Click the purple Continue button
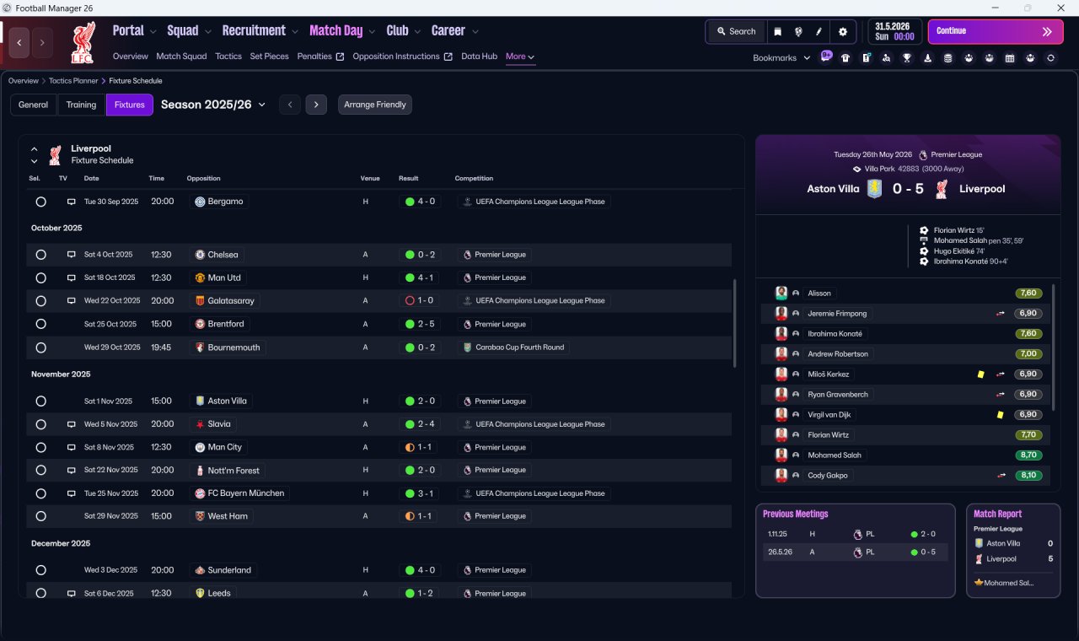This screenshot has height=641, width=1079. pos(996,31)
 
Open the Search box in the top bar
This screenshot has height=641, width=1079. pos(736,31)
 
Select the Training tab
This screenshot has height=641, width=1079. pos(81,105)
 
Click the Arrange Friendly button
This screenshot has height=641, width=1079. pos(375,105)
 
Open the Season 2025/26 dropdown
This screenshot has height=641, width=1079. pos(213,105)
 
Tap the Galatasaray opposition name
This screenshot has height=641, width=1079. pos(231,301)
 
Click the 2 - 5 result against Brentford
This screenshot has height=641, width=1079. pos(421,324)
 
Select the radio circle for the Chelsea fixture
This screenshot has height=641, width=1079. pos(41,255)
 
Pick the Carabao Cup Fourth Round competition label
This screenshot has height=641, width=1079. pos(519,347)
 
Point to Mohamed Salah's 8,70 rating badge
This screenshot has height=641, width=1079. pos(1028,455)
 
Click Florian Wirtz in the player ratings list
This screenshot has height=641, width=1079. pos(828,434)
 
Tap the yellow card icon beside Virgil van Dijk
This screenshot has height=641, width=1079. pos(1000,414)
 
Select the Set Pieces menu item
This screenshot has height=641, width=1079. pos(269,57)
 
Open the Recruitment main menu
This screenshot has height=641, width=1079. pos(254,31)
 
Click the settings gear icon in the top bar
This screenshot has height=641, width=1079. pos(842,32)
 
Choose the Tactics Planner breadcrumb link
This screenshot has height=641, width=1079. pos(73,81)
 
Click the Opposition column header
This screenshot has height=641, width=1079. pos(204,178)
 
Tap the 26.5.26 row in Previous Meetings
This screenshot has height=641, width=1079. pos(855,552)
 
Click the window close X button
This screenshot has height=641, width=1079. pos(1060,8)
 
